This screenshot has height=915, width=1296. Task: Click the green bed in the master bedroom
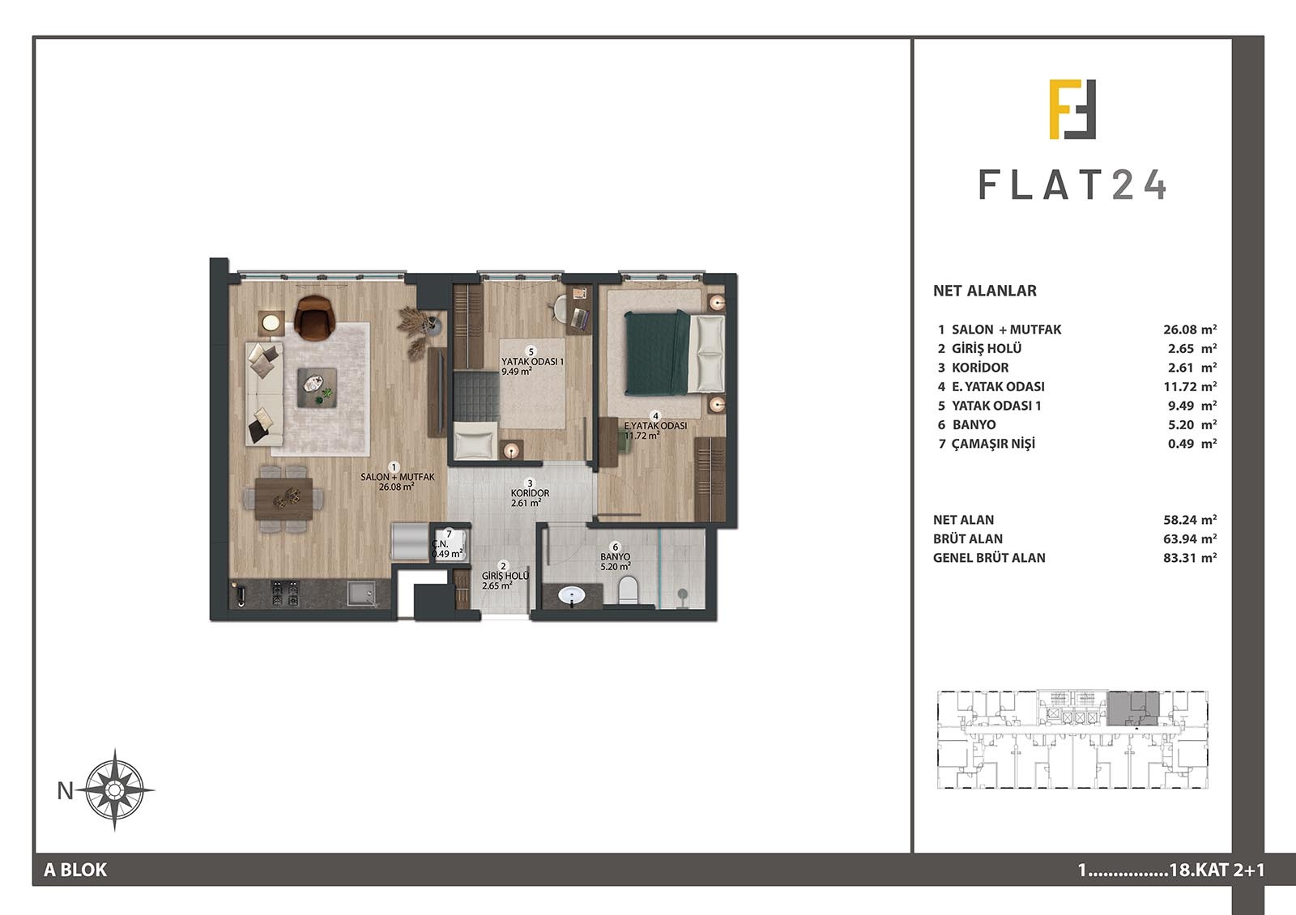(675, 353)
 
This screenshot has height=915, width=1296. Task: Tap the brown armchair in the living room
(314, 317)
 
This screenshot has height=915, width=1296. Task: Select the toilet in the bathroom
(628, 590)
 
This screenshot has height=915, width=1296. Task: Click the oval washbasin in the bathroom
(573, 595)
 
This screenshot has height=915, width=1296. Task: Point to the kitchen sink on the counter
(361, 594)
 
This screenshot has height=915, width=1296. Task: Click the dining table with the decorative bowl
(284, 498)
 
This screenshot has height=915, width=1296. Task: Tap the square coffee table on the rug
(317, 389)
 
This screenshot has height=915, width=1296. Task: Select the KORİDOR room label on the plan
(530, 493)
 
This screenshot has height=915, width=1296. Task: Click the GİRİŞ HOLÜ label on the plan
(505, 576)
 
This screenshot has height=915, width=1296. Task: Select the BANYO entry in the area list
(974, 424)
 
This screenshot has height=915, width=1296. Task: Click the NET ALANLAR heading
(985, 291)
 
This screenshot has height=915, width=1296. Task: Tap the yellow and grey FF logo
(1072, 109)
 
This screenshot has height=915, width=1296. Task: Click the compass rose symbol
(114, 790)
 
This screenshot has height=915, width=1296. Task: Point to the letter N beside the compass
(66, 790)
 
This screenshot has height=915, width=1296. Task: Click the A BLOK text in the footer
(75, 870)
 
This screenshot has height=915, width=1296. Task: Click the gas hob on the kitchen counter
(285, 594)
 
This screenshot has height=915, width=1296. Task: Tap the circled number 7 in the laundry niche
(449, 534)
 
